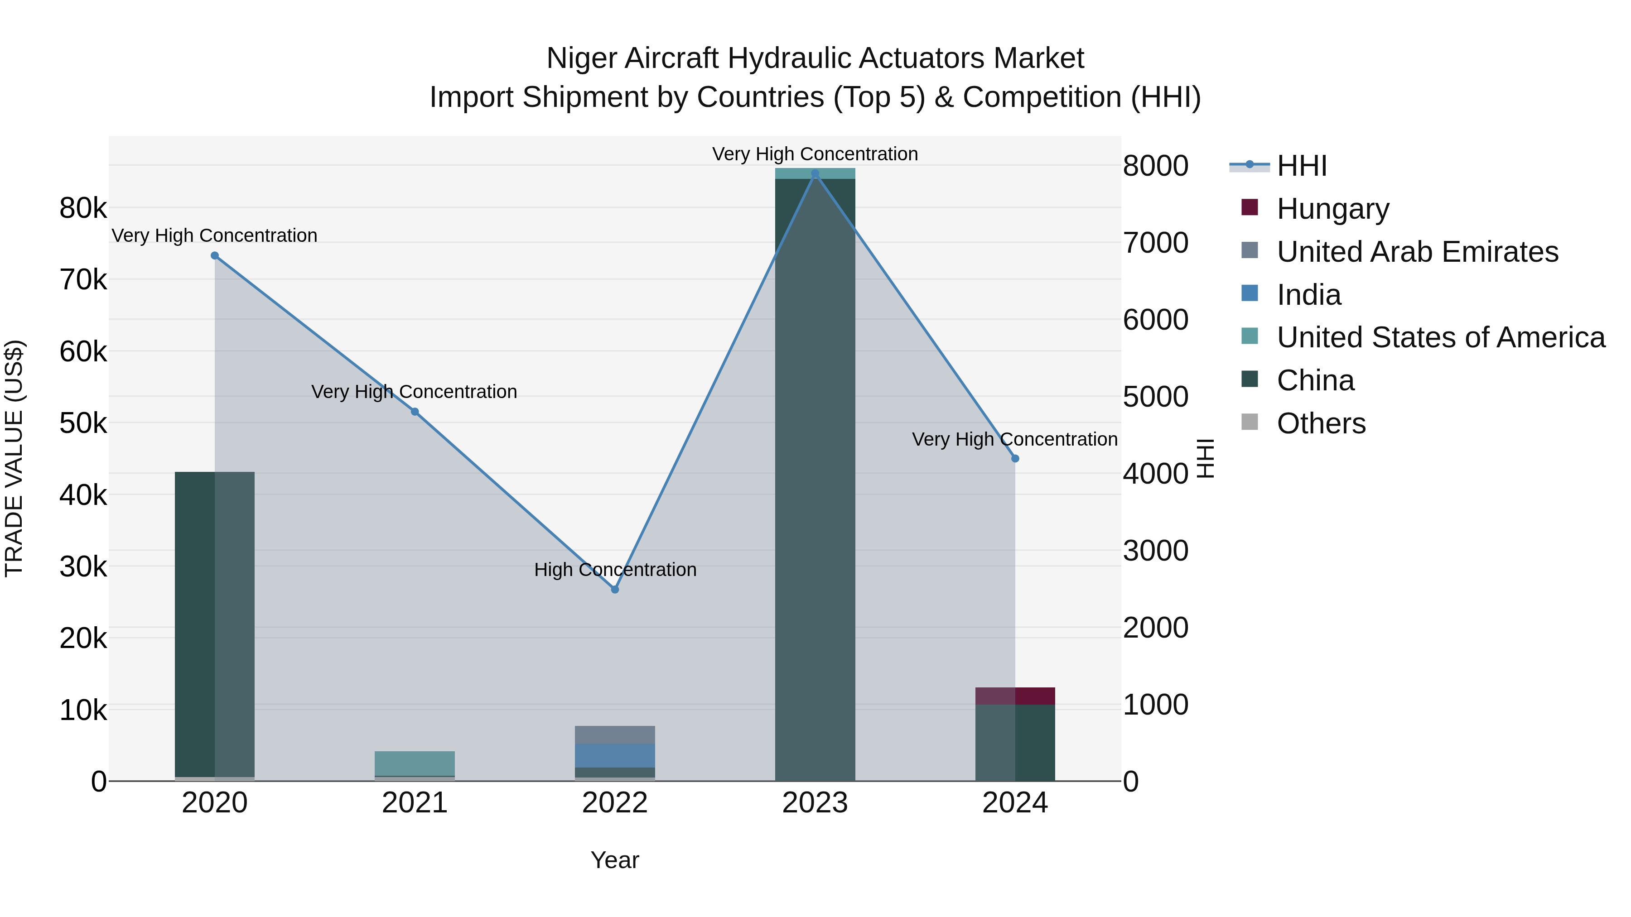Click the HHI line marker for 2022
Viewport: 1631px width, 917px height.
click(614, 589)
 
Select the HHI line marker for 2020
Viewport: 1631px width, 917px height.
click(215, 256)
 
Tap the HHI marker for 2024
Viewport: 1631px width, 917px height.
click(1015, 458)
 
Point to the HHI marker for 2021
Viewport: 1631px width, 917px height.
click(415, 411)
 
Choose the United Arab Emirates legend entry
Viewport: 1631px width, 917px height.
click(1417, 252)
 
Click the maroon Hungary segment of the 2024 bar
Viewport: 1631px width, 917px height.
click(1015, 696)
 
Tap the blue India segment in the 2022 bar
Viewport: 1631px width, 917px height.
click(614, 756)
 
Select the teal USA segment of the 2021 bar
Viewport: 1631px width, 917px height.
click(415, 763)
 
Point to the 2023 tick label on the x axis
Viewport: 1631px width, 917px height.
click(815, 803)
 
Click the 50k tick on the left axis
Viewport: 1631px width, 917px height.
click(83, 423)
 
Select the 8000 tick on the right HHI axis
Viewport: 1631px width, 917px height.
click(1155, 166)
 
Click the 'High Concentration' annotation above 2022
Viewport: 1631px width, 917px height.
click(615, 570)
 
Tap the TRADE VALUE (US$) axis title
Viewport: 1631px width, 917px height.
click(14, 458)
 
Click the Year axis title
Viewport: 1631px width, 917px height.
click(614, 860)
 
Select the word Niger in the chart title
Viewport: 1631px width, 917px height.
click(583, 58)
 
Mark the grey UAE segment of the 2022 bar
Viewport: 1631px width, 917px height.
click(614, 735)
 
